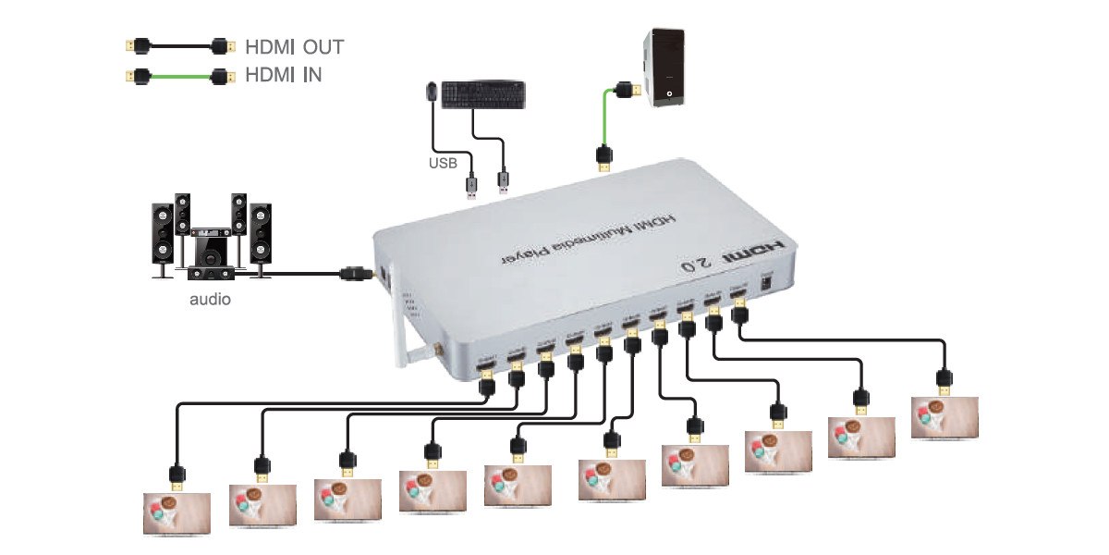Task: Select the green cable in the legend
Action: [x=176, y=75]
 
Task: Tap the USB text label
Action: [x=443, y=164]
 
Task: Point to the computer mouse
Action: [x=432, y=92]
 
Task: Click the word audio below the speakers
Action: [x=211, y=300]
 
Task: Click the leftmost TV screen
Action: [x=177, y=513]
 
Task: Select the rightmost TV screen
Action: [x=944, y=417]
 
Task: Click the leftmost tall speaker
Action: [x=163, y=237]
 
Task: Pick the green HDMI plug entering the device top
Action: [x=603, y=158]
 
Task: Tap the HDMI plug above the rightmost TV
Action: [x=944, y=380]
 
